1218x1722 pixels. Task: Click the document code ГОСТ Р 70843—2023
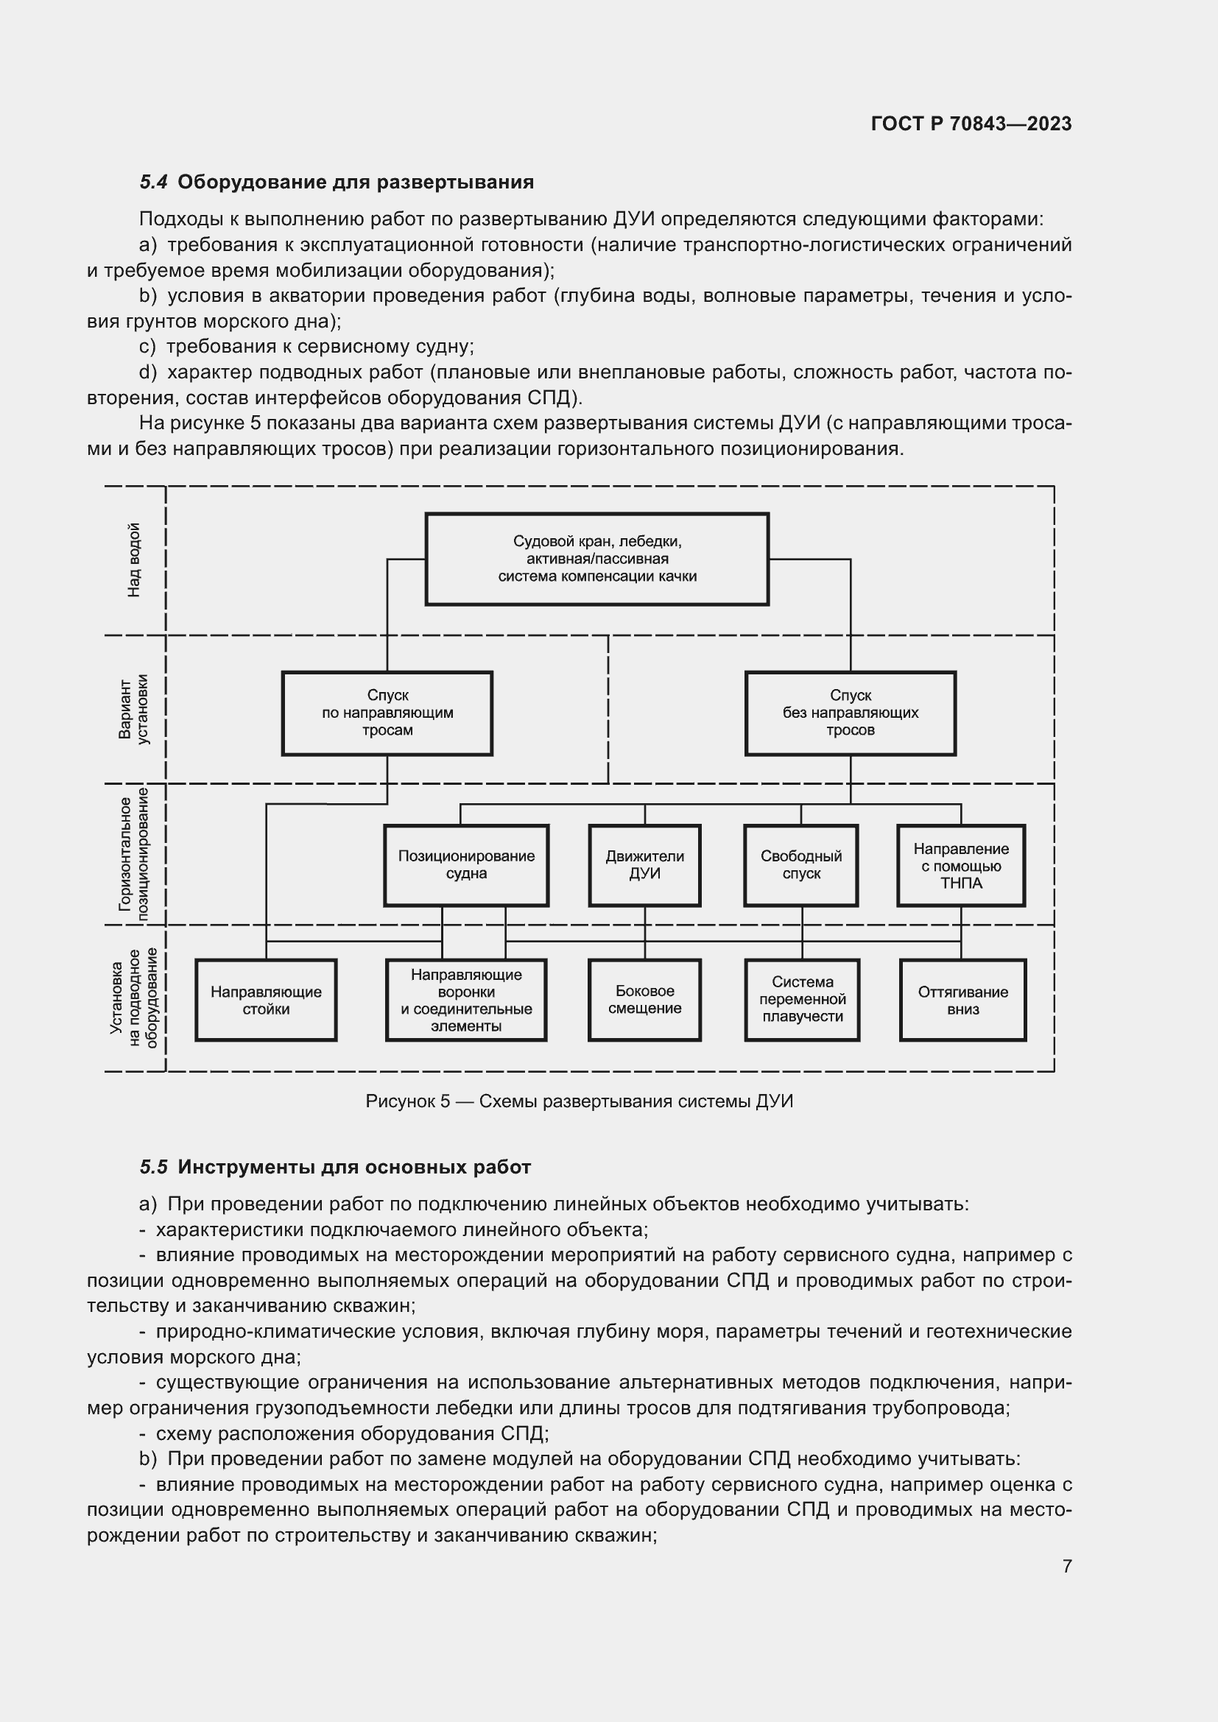coord(971,124)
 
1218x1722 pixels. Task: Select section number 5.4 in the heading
coord(154,183)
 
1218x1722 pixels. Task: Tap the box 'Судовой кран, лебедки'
coord(597,559)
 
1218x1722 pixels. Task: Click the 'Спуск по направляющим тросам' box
coord(387,713)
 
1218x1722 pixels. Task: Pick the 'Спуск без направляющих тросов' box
coord(850,713)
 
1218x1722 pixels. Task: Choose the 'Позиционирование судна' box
coord(465,865)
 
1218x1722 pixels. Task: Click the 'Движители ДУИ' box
coord(644,865)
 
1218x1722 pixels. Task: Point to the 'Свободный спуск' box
coord(801,865)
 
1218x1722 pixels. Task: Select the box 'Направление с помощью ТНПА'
coord(961,866)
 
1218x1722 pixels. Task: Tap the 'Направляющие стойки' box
coord(266,1000)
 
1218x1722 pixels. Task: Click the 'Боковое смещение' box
coord(644,999)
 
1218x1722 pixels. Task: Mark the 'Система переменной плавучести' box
coord(802,999)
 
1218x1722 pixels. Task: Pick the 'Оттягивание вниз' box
coord(962,1000)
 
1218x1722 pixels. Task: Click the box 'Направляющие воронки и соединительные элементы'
coord(465,1000)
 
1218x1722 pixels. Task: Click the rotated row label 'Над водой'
coord(134,560)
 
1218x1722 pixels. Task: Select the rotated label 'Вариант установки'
coord(134,710)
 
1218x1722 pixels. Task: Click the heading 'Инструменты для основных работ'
coord(354,1167)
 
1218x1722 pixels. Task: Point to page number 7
coord(1066,1566)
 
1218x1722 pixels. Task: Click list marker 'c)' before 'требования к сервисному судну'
coord(148,347)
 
